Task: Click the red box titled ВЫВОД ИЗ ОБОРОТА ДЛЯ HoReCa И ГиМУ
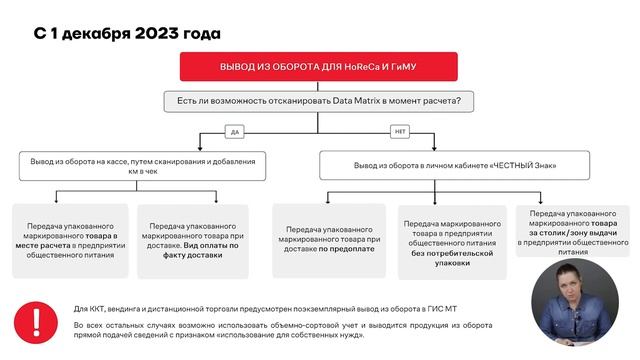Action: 318,66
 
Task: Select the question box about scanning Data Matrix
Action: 318,101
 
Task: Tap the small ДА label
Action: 235,132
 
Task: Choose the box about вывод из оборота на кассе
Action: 143,165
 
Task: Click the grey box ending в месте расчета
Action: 70,240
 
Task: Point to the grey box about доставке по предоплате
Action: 332,240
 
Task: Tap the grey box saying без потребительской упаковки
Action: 455,240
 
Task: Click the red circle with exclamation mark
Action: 37,322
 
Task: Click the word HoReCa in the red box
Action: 356,66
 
